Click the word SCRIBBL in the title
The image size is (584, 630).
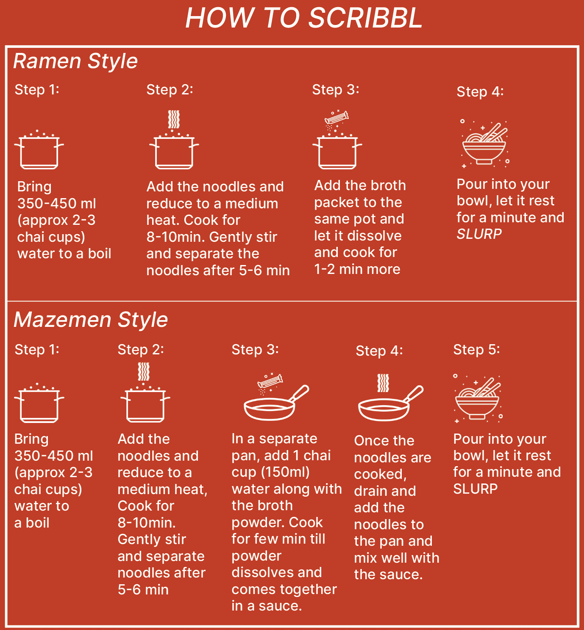tap(365, 18)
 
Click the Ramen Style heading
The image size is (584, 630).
tap(75, 61)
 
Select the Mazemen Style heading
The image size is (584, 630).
tap(91, 320)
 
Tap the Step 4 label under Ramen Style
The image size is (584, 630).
tap(480, 92)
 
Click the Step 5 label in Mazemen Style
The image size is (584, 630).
tap(476, 350)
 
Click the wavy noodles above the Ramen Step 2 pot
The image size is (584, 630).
tap(174, 119)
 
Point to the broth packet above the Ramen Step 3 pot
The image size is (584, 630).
tap(336, 117)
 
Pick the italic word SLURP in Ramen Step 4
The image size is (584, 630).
tap(479, 234)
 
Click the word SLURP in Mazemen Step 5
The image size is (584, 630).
tap(475, 489)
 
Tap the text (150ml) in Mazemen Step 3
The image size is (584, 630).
tap(285, 472)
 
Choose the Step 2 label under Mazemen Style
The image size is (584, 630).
tap(141, 350)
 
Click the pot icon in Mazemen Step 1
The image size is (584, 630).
tap(39, 403)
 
